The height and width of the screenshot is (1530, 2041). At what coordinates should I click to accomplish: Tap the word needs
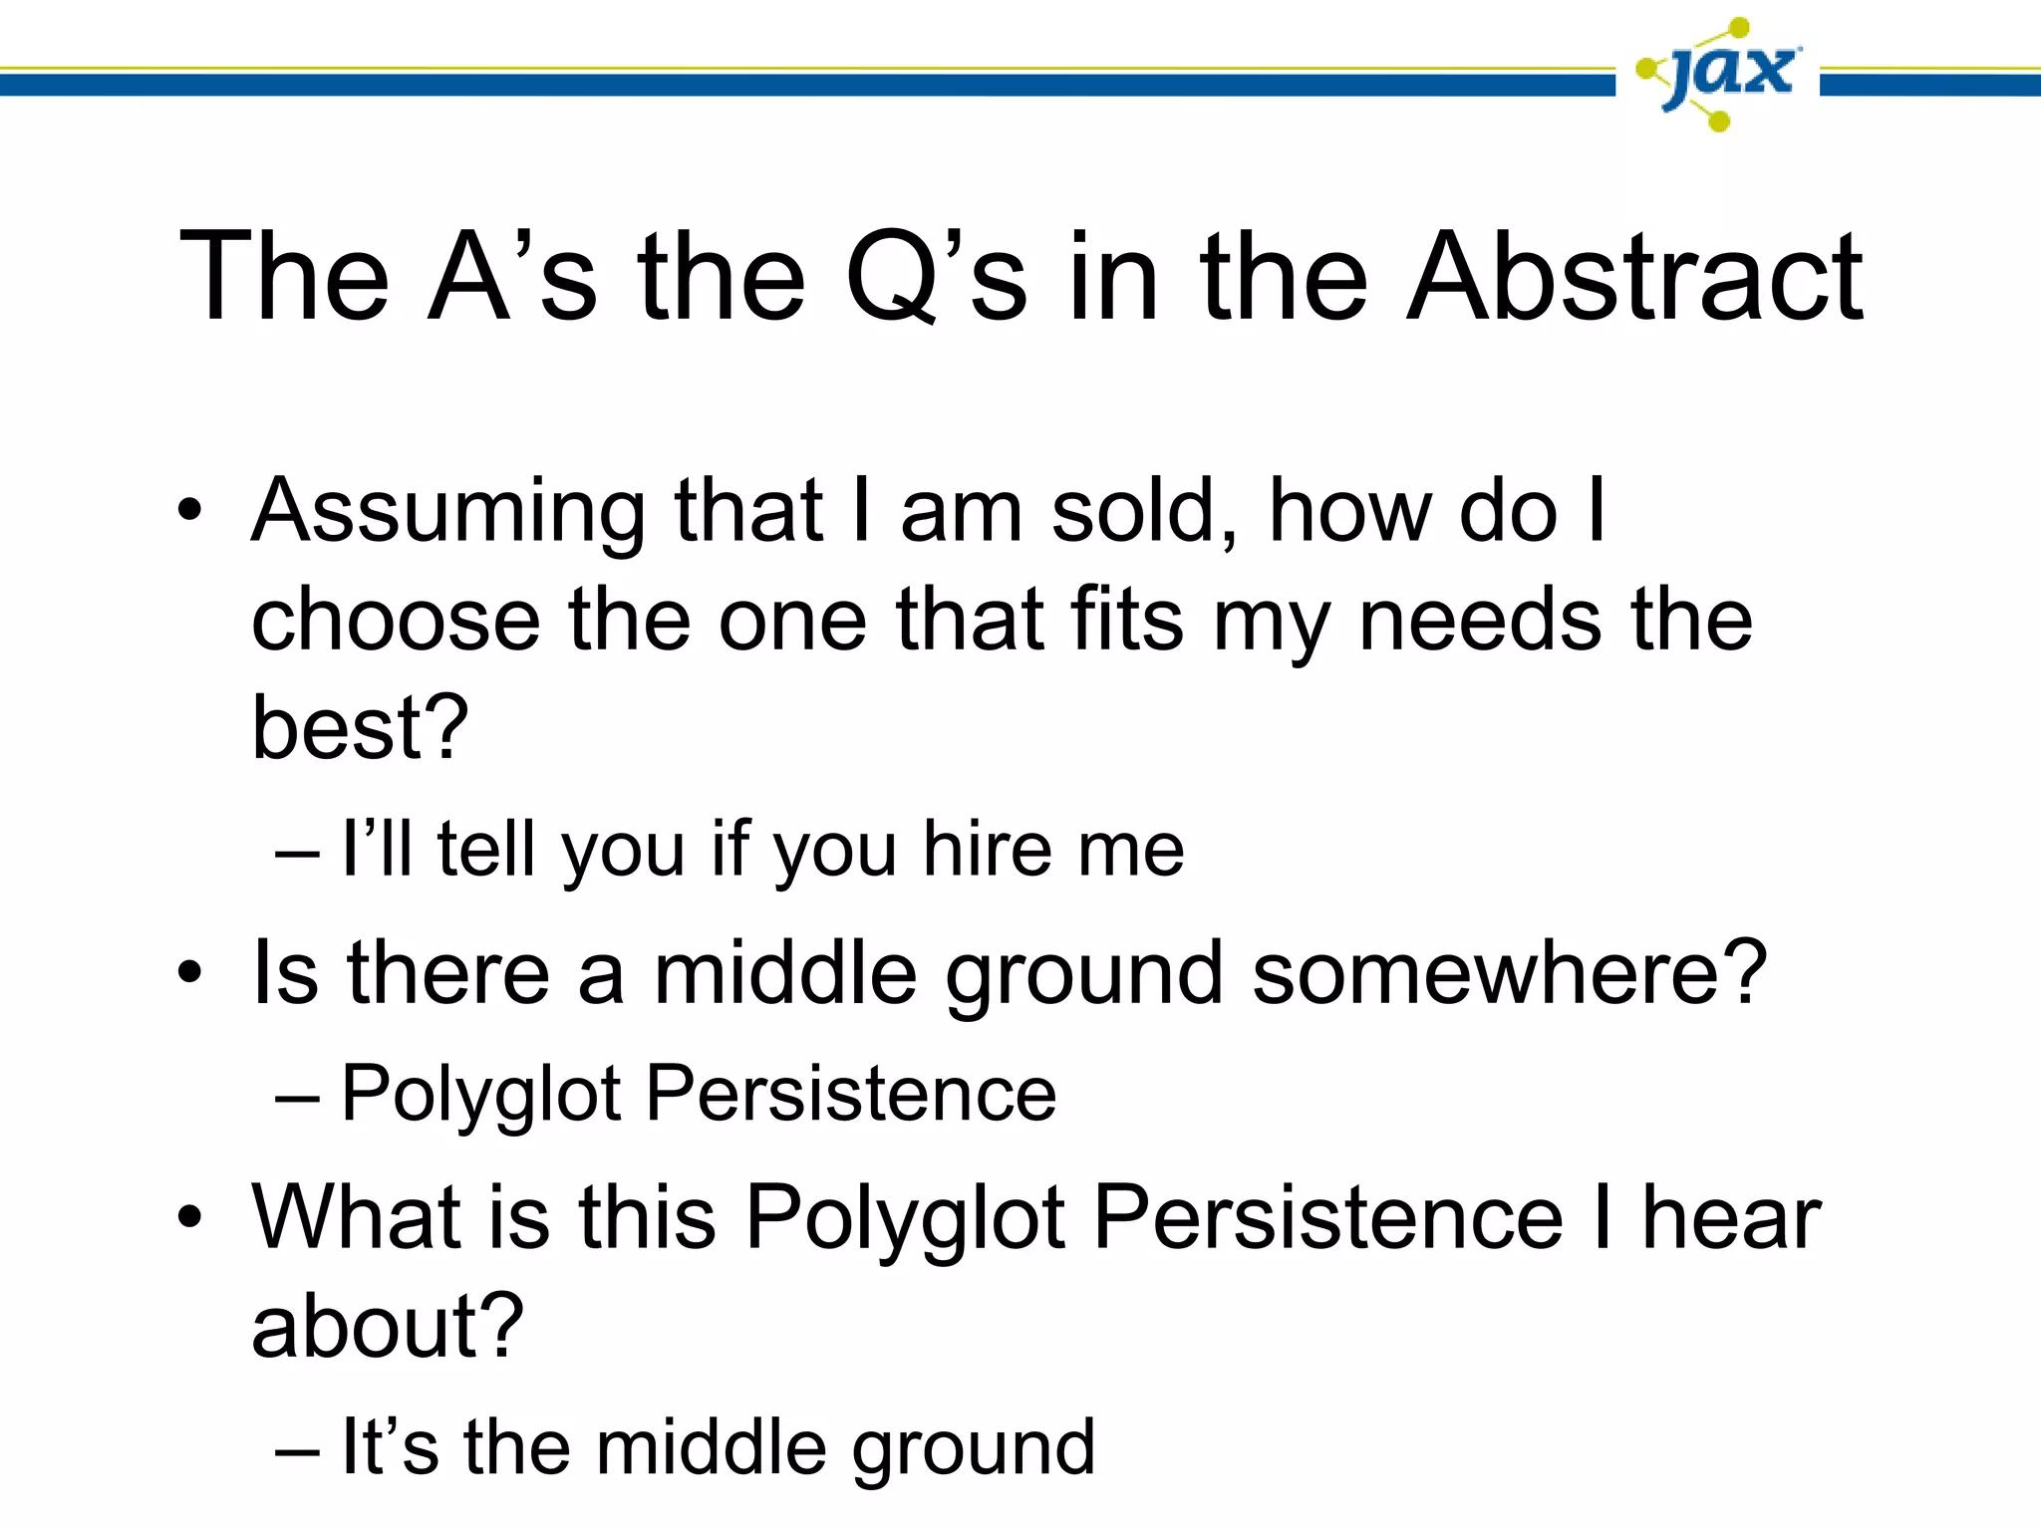pos(1481,621)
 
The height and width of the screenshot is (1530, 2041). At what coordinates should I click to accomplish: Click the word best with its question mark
pos(360,728)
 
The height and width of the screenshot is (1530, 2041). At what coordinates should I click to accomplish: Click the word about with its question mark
pos(388,1327)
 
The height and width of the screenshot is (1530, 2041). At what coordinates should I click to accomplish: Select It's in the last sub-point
pos(390,1447)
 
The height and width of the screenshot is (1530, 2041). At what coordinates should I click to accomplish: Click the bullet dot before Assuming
pos(189,514)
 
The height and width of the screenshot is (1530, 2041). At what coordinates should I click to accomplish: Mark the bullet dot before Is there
pos(189,973)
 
